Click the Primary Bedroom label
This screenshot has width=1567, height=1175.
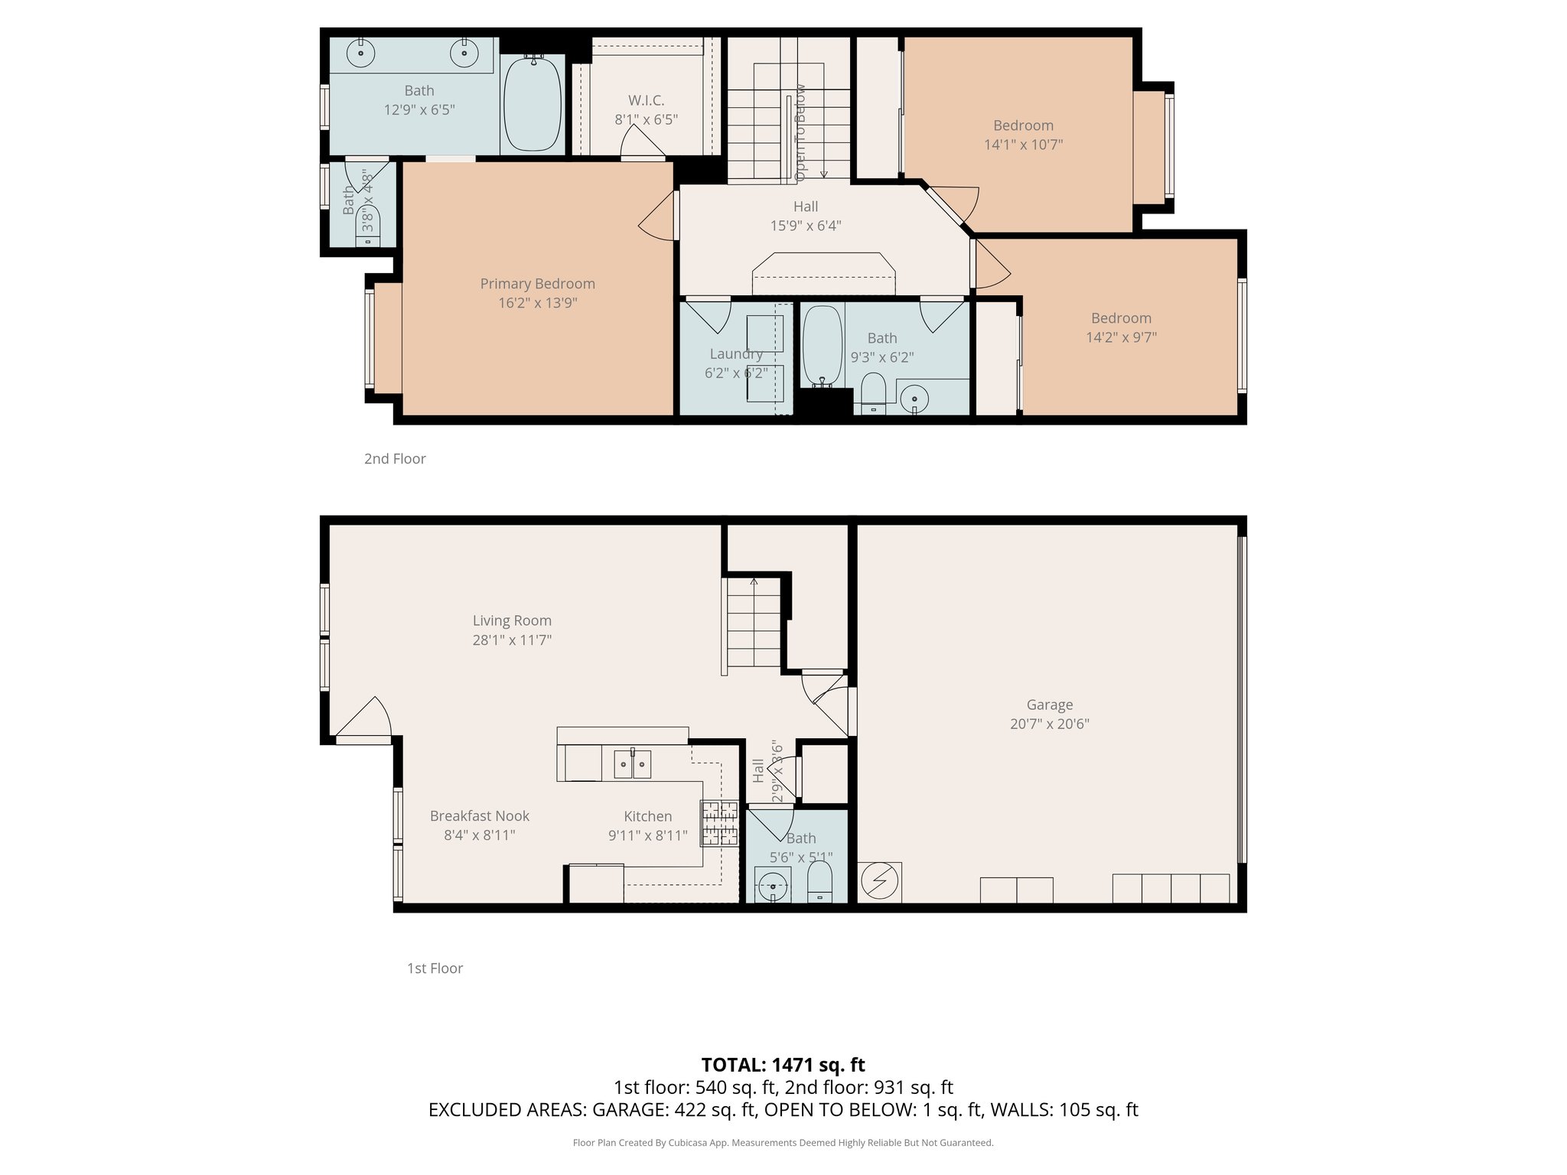(537, 284)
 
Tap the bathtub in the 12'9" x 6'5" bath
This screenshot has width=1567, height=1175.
(533, 103)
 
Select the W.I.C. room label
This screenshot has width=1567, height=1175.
(646, 100)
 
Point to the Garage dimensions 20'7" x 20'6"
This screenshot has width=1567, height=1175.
(1049, 724)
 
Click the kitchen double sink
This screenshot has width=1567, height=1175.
(632, 763)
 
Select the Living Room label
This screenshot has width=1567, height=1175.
(511, 620)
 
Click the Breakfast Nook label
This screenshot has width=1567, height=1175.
(479, 816)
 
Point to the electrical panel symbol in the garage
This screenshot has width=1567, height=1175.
(879, 882)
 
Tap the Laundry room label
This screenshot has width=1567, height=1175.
(735, 353)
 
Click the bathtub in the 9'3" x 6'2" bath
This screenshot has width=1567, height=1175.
(823, 345)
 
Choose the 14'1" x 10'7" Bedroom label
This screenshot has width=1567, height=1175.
(1023, 125)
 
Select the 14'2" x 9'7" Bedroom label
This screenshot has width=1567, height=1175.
(1121, 318)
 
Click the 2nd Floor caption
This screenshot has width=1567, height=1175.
(395, 459)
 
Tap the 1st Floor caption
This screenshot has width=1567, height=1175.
(435, 968)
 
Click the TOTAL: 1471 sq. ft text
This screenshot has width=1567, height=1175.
(783, 1064)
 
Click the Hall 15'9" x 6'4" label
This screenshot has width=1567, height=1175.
(805, 207)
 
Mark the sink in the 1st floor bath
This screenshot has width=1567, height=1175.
(774, 885)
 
